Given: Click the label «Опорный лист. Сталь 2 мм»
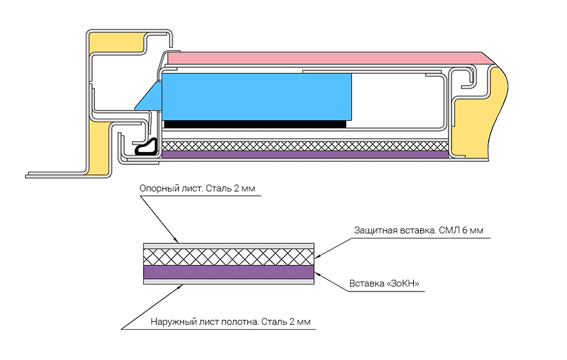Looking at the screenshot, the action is coord(197,188).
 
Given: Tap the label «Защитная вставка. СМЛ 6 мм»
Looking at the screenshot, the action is coord(418,230).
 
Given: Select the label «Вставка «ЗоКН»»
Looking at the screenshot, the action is coord(384,283).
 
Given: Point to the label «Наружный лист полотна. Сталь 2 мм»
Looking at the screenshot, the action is coord(230,322).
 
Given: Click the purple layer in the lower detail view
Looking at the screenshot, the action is coord(228,272).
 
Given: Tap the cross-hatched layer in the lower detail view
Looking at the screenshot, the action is coord(228,257).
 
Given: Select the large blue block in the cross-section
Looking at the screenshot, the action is coord(257,96).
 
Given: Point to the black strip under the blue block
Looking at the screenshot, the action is coord(255,124).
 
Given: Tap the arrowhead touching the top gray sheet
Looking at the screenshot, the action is coord(177,240).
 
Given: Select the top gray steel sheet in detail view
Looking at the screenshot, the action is coord(228,246).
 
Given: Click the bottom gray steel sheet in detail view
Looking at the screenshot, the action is coord(228,282).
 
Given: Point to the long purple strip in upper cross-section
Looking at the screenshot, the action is coord(305,155).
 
